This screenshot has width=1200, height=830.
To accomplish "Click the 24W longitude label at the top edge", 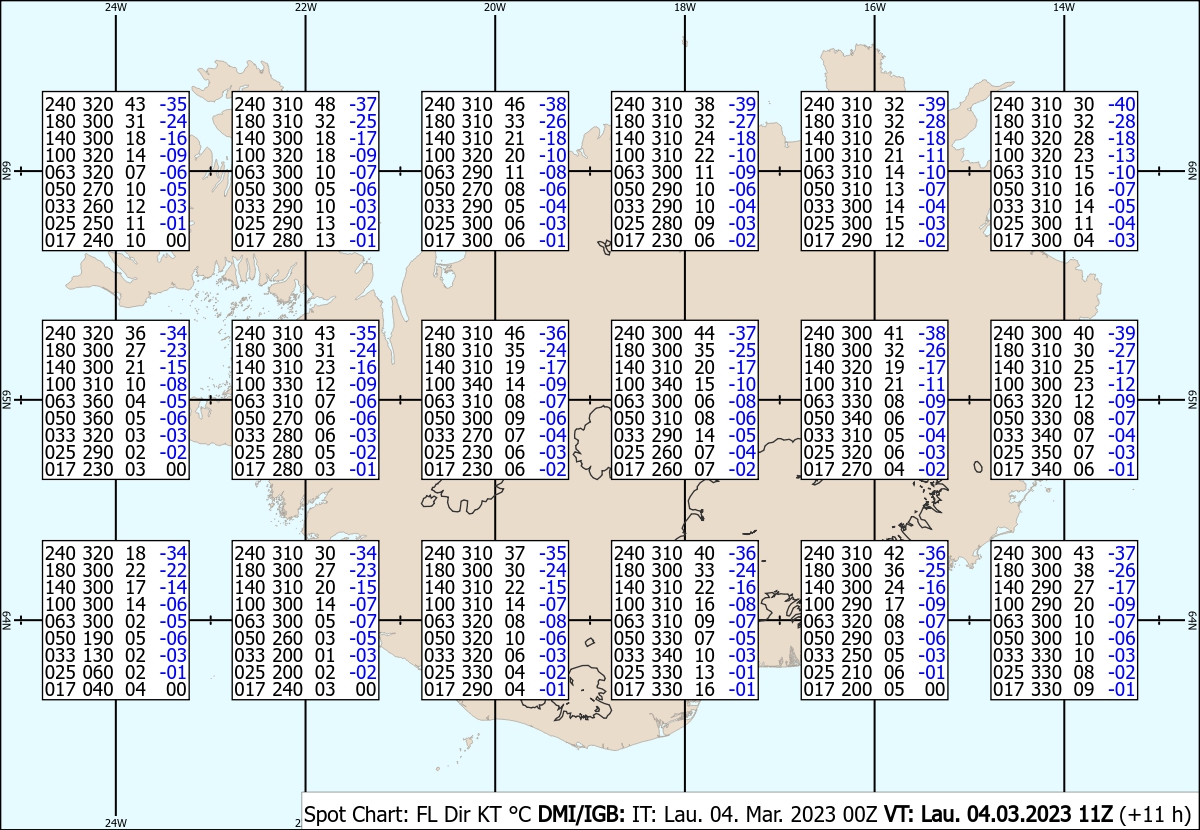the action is (116, 7).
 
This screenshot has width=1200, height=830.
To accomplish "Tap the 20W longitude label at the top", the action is (495, 7).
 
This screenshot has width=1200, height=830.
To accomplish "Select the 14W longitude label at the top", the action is (1064, 7).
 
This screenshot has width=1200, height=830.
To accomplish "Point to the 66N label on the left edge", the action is (6, 171).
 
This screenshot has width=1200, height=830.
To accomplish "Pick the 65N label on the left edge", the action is (6, 400).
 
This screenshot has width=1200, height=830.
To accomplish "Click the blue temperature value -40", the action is (1122, 104).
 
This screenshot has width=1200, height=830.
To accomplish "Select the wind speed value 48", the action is (325, 104).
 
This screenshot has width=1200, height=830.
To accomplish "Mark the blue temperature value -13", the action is (1122, 155).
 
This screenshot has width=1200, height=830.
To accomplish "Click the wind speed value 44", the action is (704, 333).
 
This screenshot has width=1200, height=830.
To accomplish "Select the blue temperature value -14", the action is (174, 587).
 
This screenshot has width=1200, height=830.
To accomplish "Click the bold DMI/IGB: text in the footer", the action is (581, 814).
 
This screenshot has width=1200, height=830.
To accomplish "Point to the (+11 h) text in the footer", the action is (1154, 814).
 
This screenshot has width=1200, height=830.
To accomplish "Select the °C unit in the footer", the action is (520, 814).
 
